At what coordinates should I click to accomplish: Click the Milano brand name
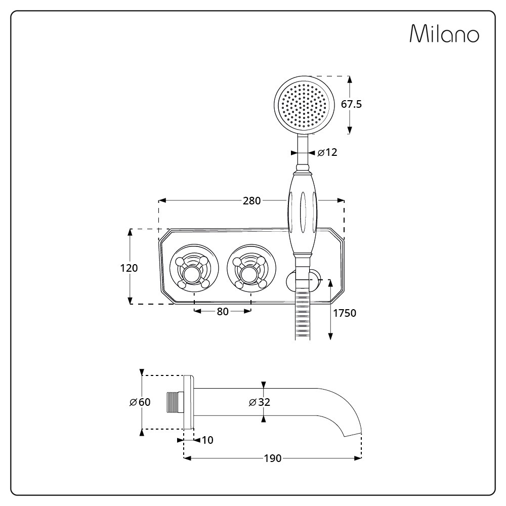coord(444,33)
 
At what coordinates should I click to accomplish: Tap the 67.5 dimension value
coord(352,104)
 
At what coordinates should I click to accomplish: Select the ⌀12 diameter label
coord(327,152)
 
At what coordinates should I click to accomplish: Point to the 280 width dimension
coord(251,201)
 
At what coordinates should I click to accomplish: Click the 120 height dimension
coord(129,268)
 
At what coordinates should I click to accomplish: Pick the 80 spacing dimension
coord(223,311)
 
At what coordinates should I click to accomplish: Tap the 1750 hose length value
coord(345,313)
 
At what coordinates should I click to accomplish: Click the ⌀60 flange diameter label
coord(140,402)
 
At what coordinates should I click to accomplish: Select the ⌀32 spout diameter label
coord(260,402)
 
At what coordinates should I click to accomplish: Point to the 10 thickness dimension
coord(207,440)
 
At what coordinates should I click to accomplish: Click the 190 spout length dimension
coord(273,458)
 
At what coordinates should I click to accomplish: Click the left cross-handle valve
coord(194,268)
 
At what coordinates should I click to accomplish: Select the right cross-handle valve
coord(251,268)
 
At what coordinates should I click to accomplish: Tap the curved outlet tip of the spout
coord(353,433)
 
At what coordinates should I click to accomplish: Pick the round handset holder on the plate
coord(303,280)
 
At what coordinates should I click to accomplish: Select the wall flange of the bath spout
coord(189,402)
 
